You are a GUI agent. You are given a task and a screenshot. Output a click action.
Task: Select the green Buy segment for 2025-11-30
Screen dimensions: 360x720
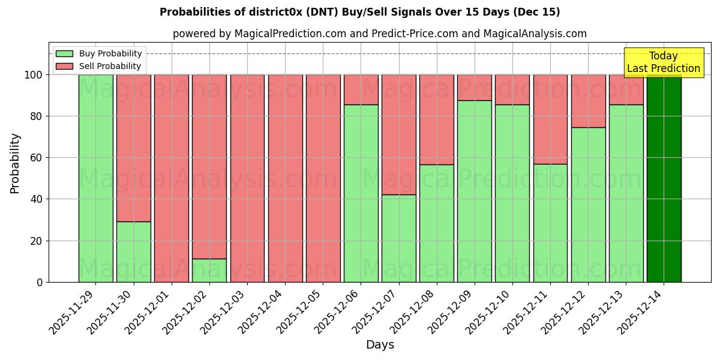click(133, 252)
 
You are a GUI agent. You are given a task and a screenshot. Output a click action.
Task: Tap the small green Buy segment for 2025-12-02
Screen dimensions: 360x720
click(209, 271)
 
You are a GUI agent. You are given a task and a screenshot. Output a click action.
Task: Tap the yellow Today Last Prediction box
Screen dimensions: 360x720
click(664, 62)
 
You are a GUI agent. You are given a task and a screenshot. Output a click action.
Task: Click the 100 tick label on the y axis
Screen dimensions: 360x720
click(33, 75)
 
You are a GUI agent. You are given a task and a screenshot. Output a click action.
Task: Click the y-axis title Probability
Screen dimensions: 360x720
click(15, 163)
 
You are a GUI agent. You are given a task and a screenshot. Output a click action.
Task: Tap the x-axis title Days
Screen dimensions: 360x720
click(380, 345)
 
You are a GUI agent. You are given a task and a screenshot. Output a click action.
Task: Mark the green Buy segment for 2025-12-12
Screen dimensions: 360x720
click(588, 205)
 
